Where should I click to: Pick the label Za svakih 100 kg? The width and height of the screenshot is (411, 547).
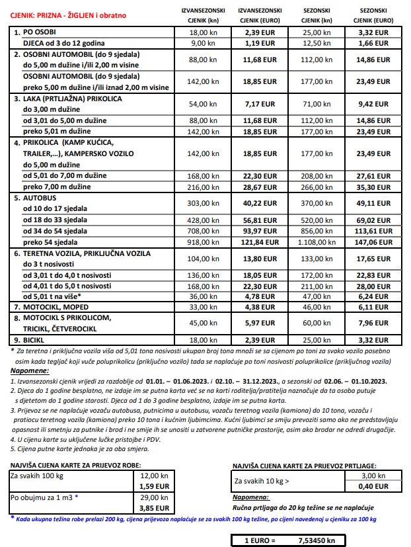[38, 476]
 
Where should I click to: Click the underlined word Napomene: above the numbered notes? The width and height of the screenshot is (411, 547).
[24, 372]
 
